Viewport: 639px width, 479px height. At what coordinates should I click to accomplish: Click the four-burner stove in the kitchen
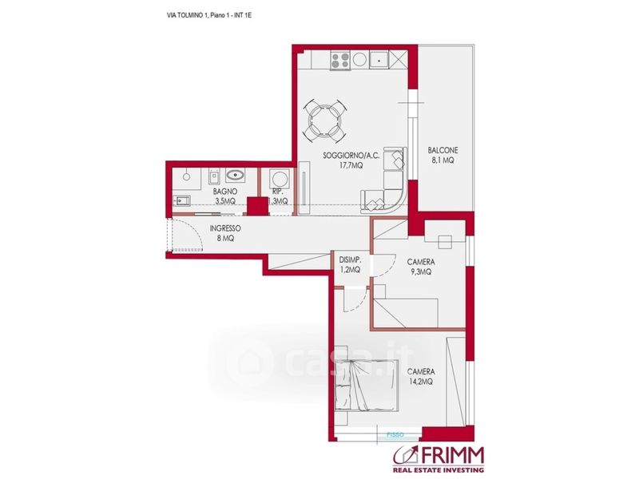point(340,61)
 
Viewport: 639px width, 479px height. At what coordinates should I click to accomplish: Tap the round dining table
point(325,121)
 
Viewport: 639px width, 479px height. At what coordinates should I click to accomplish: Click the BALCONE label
point(443,150)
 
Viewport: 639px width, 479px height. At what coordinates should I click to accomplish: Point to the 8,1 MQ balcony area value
point(443,160)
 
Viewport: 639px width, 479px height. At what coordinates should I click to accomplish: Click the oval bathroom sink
point(235,175)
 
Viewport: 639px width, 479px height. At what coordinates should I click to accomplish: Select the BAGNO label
point(225,191)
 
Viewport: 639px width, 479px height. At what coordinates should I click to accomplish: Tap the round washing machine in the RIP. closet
point(280,179)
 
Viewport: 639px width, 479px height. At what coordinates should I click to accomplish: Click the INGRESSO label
point(225,228)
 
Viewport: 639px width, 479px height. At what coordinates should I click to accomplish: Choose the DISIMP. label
point(350,259)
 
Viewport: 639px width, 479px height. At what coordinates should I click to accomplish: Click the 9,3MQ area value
point(421,271)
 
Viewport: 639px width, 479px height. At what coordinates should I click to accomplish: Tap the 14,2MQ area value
point(421,382)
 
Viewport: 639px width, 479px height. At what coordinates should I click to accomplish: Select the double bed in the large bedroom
point(366,386)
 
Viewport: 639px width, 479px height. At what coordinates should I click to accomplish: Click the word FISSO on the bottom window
point(395,435)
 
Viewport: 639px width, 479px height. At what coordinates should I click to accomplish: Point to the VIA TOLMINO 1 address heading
point(189,15)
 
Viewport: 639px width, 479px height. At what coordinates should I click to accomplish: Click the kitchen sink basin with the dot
point(379,61)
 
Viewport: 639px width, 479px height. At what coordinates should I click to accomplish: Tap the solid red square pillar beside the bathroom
point(258,206)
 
